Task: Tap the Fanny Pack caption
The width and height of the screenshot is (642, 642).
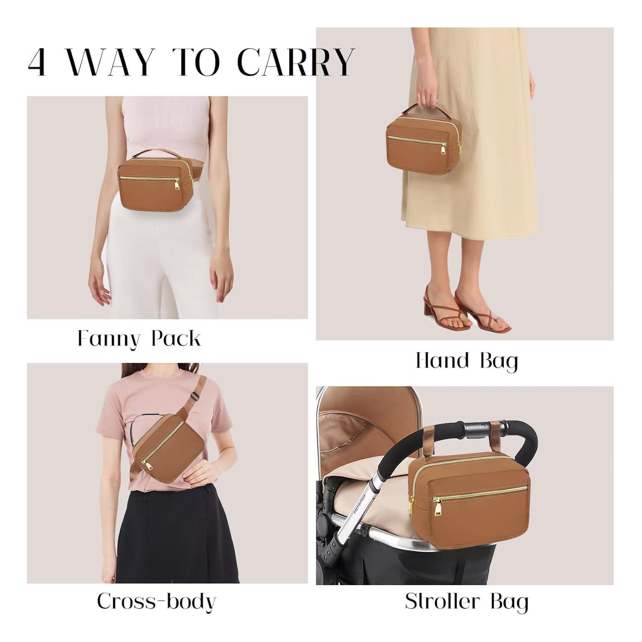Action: coord(139,339)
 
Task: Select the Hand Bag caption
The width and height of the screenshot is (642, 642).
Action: coord(467,361)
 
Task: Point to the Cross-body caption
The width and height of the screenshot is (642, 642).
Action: coord(156,602)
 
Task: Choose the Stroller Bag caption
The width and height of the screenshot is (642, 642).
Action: coord(467,602)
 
